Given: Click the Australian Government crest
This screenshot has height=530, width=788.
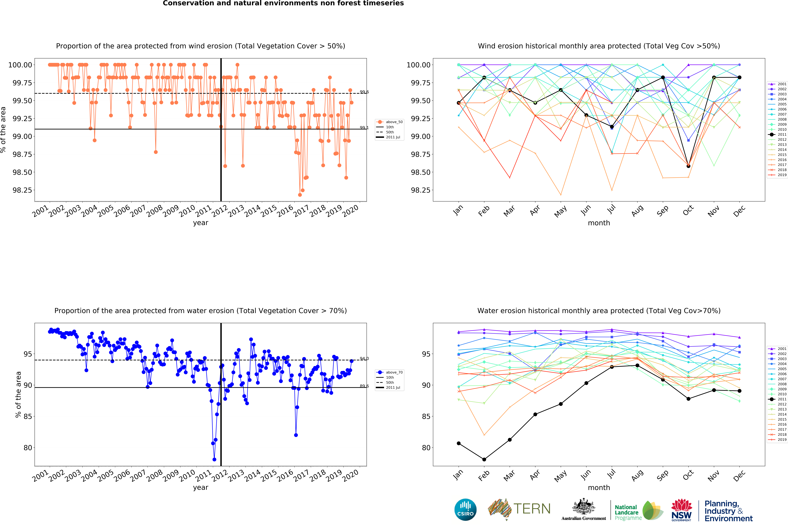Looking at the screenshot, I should [584, 507].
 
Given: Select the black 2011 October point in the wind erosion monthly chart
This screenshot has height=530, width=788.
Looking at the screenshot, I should [688, 166].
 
